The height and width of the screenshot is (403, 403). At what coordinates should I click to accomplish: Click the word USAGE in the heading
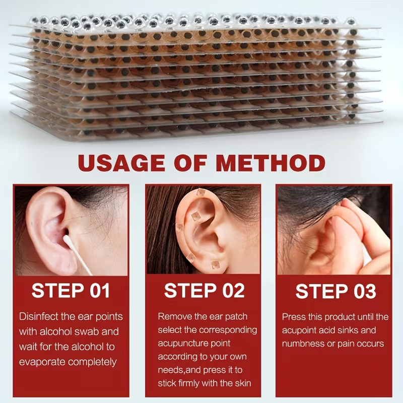point(121,163)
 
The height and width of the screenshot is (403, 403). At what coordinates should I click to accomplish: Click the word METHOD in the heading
point(271,163)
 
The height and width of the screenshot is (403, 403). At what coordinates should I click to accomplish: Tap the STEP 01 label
point(71,291)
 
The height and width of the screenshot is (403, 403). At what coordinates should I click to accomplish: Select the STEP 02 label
point(205,291)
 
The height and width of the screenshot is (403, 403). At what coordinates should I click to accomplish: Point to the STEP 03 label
point(335,291)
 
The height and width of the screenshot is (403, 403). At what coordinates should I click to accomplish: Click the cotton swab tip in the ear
point(66,240)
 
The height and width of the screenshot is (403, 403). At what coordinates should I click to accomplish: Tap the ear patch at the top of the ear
point(201,192)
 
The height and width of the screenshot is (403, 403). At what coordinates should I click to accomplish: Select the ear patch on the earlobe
point(216,264)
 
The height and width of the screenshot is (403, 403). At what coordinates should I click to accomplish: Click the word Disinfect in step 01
point(39,316)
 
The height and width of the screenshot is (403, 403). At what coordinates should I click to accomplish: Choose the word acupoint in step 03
point(300,330)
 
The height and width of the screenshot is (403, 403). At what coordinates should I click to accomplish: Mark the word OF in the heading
point(190,163)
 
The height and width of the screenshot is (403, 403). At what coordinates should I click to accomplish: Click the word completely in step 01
point(93,362)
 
